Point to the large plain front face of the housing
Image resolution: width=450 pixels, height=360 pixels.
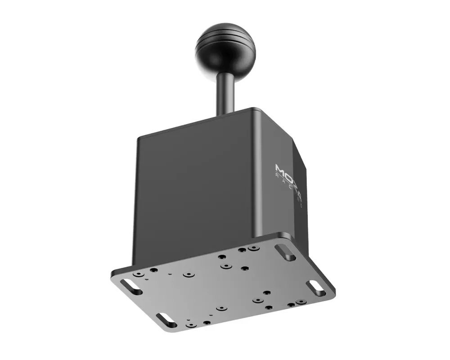pyautogui.click(x=193, y=193)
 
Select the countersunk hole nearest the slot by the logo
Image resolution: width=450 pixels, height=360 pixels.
pyautogui.click(x=254, y=248)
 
